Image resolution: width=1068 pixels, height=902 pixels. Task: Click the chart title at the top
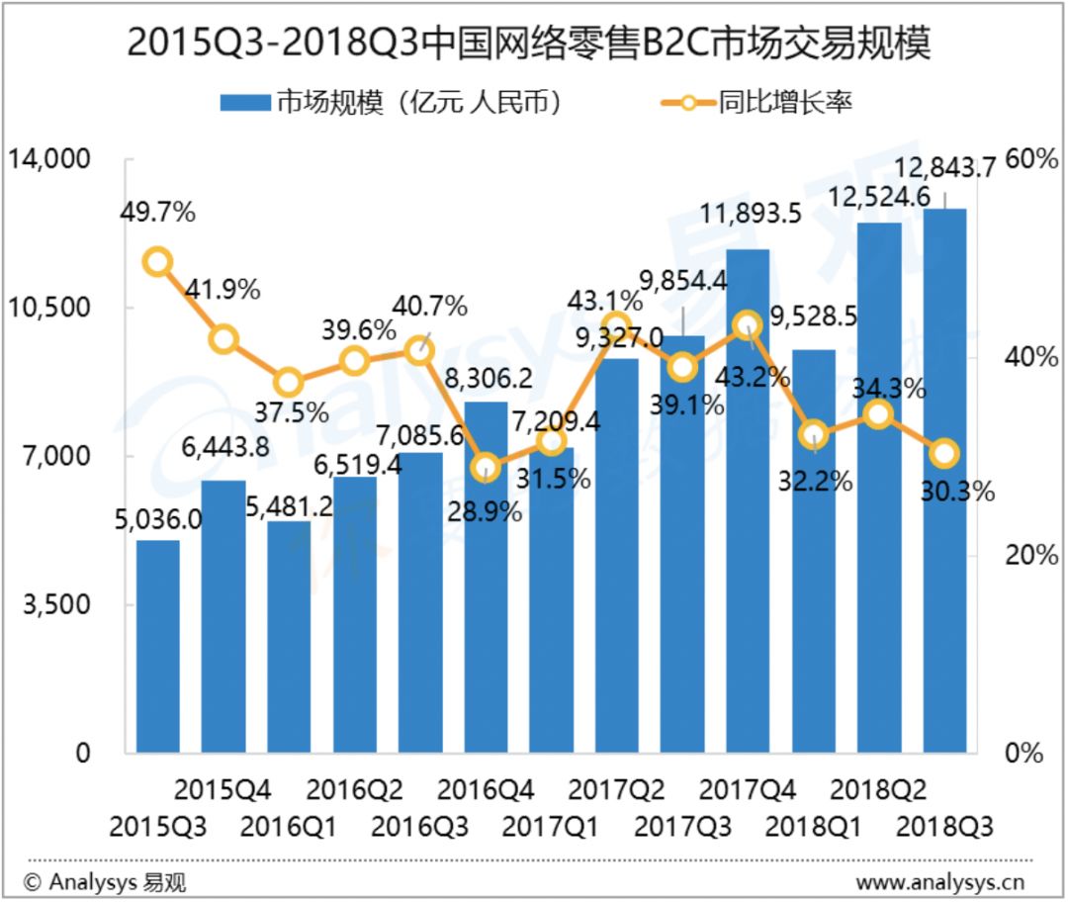(x=528, y=43)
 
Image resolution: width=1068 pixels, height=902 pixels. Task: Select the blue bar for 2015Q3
(x=158, y=647)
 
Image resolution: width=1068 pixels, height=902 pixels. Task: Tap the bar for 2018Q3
(x=944, y=481)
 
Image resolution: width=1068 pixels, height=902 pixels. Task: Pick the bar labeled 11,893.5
(x=748, y=501)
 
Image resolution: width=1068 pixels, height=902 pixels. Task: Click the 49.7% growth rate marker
(x=158, y=262)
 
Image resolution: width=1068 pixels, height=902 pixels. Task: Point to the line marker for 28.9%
(x=485, y=468)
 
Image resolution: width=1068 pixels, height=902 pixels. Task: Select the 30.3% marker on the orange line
(x=944, y=454)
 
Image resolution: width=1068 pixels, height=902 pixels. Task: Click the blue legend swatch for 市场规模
(x=245, y=103)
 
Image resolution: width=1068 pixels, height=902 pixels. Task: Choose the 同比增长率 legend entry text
(x=785, y=102)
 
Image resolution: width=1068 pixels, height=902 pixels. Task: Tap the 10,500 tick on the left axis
(x=48, y=308)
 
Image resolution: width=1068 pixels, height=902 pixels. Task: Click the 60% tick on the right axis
(x=1030, y=159)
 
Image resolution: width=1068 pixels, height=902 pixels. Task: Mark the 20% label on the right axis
(x=1030, y=555)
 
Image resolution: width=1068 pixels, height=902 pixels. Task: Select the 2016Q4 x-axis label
(x=485, y=790)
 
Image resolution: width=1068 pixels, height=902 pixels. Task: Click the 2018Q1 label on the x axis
(x=813, y=827)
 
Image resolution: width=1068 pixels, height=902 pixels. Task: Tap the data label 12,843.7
(x=944, y=167)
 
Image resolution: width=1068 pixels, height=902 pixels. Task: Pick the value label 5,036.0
(x=158, y=520)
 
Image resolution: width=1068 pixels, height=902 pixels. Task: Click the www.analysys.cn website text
(x=940, y=883)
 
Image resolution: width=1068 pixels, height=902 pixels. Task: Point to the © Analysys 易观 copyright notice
(x=104, y=883)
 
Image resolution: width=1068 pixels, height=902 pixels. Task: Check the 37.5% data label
(x=292, y=412)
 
